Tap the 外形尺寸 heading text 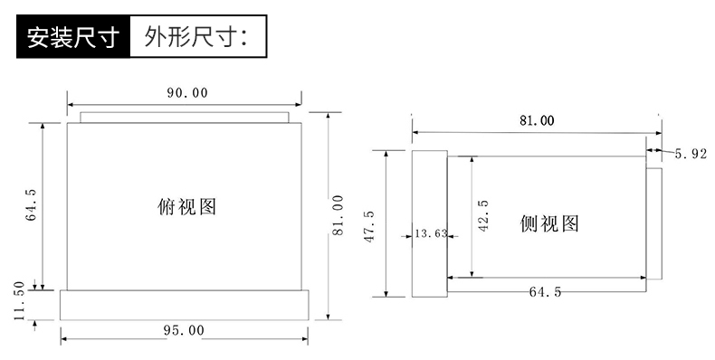point(190,37)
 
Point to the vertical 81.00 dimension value point(338,214)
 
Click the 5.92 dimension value point(690,154)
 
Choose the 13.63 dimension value point(430,233)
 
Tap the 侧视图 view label point(548,222)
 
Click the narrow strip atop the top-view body point(184,117)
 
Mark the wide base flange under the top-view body point(184,304)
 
